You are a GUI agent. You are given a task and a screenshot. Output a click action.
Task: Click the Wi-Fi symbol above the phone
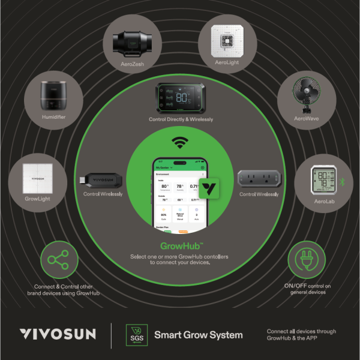178,143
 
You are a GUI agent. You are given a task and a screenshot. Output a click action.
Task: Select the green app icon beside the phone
209,189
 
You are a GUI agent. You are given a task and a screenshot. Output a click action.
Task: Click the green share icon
58,260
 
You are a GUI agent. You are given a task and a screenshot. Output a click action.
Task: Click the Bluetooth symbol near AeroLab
343,182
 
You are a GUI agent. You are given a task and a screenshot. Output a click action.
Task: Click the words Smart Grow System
199,334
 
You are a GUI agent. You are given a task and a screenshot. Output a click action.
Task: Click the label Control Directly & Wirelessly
181,119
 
